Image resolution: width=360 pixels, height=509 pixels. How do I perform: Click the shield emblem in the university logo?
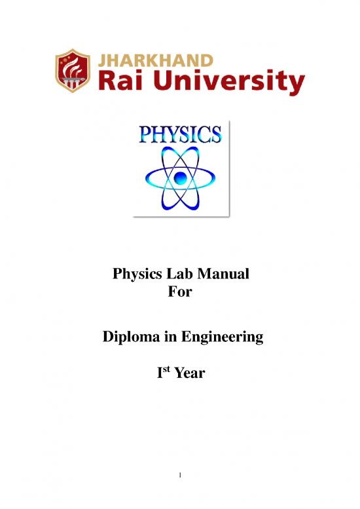coord(72,72)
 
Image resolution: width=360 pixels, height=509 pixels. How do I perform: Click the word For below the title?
coord(180,292)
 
